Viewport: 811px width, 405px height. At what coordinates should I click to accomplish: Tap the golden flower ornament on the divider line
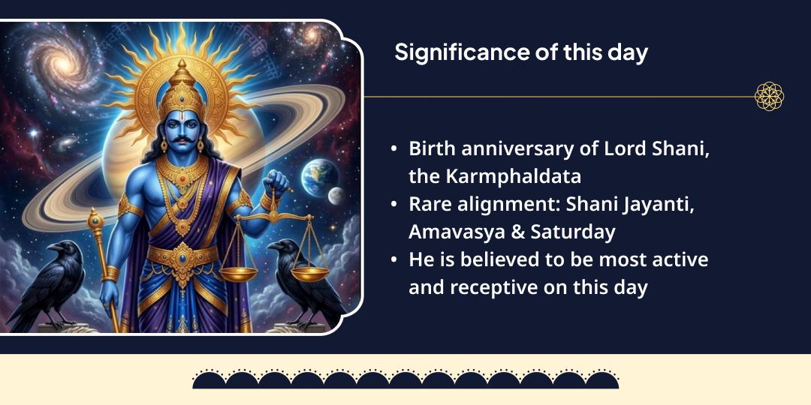tap(769, 97)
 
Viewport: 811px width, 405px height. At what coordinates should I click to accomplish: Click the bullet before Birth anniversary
tap(394, 148)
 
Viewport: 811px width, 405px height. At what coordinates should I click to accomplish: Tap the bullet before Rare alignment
tap(394, 204)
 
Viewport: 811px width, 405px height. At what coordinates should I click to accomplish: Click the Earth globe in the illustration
tap(317, 177)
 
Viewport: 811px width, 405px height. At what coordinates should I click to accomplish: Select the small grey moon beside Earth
tap(335, 196)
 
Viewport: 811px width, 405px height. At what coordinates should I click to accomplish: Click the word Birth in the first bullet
tap(431, 148)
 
